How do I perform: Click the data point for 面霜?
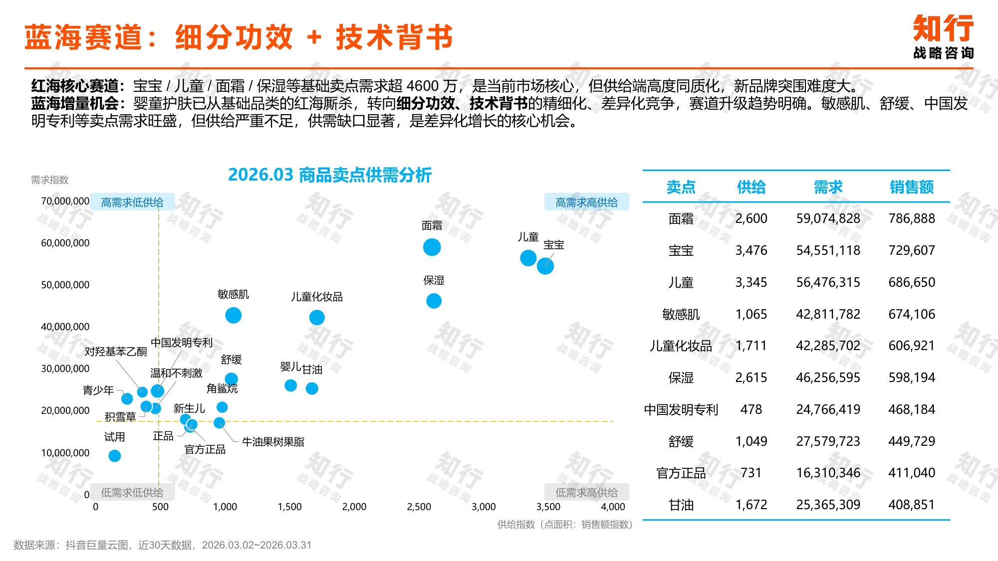432,247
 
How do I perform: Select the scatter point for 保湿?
434,301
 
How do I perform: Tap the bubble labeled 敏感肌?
233,315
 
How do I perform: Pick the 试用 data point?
114,456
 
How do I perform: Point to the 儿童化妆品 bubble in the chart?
317,317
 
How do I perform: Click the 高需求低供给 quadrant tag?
132,202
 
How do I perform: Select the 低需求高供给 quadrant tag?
586,492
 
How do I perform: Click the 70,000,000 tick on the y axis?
65,201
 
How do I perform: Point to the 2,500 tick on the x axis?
419,507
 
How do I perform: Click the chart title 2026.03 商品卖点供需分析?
329,175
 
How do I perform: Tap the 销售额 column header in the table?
911,187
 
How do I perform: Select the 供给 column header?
751,187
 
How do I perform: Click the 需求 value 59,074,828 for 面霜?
828,218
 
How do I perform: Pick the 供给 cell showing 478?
751,409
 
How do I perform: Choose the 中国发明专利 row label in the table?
681,409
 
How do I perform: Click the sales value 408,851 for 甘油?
911,505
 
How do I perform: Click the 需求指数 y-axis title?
49,180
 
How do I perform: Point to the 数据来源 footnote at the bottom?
162,545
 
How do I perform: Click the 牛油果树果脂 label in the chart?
273,442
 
